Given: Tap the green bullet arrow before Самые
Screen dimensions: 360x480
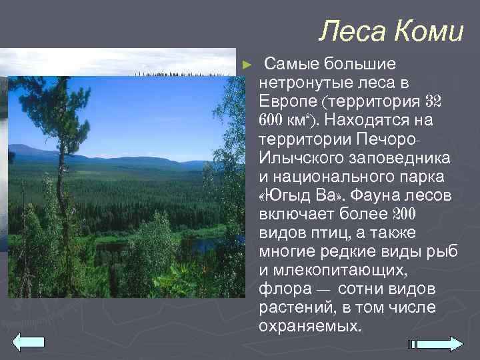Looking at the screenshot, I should tap(247, 65).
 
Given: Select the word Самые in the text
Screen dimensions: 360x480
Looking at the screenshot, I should tap(291, 65).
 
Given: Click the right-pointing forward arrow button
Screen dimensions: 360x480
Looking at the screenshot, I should tap(440, 344).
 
